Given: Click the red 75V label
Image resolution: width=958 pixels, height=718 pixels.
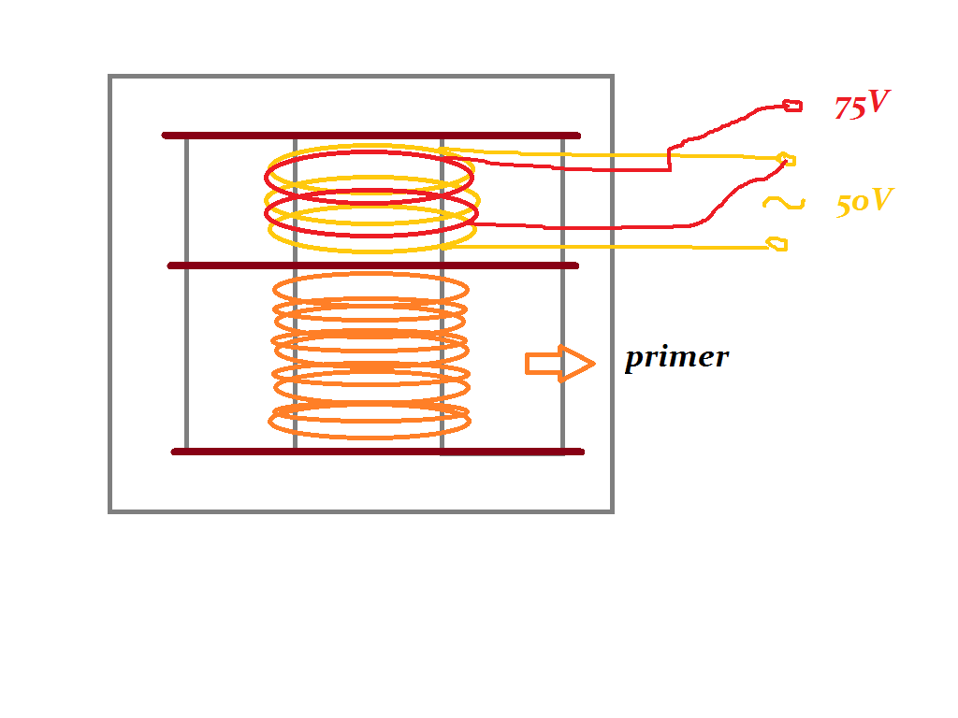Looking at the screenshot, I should point(861,106).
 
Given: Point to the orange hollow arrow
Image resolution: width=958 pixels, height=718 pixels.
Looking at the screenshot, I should point(559,364).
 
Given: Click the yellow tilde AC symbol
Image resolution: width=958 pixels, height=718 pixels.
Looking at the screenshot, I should point(783,202).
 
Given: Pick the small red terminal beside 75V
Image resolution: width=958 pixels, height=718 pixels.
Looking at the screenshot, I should point(792,105).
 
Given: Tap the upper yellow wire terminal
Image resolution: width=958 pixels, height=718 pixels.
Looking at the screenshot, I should point(786,159).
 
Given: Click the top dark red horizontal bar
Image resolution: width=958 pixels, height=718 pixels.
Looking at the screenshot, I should point(371,136).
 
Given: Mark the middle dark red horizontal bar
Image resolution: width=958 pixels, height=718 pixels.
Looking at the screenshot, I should point(372,266).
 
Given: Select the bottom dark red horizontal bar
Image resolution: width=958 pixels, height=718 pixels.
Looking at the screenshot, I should point(378,452).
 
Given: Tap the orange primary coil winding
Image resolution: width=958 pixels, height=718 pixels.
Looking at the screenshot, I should point(370,355).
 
